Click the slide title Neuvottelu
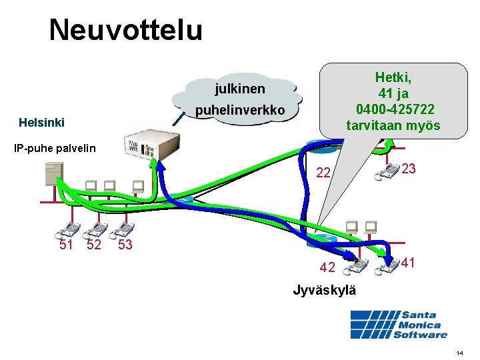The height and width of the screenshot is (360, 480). [x=125, y=30]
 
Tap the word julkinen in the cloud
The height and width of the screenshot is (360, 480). [x=239, y=89]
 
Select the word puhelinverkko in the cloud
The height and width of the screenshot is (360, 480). [x=240, y=109]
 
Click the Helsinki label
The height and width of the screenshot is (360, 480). [x=42, y=123]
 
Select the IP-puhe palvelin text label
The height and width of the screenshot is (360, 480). [x=55, y=148]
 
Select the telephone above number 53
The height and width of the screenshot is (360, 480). [x=123, y=230]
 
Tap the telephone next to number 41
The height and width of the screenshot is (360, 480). [x=387, y=266]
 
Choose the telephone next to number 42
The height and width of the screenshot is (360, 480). [x=353, y=265]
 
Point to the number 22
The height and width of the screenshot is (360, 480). [x=323, y=173]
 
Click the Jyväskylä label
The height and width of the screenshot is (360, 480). [x=325, y=291]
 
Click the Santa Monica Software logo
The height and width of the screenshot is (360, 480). [x=399, y=325]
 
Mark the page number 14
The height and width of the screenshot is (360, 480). [x=460, y=352]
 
